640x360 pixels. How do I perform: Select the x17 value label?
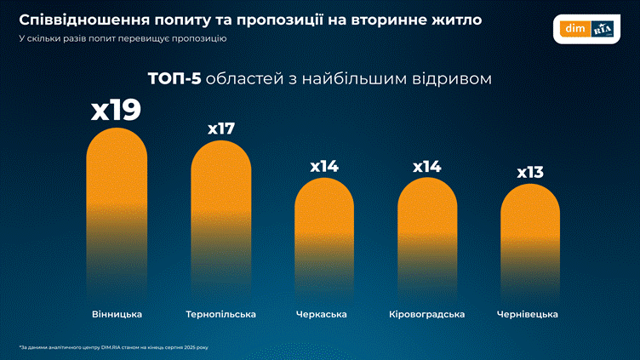[x=220, y=129]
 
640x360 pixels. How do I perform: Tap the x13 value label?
[x=530, y=173]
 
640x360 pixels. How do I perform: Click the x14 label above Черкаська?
[x=324, y=166]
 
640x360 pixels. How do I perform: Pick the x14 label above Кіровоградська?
[x=427, y=166]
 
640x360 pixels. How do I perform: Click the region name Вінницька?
[x=117, y=314]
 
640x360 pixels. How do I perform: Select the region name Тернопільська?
[x=220, y=314]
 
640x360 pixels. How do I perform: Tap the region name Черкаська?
[x=324, y=314]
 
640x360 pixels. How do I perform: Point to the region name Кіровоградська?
[x=427, y=314]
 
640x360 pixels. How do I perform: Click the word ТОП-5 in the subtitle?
[x=175, y=78]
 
